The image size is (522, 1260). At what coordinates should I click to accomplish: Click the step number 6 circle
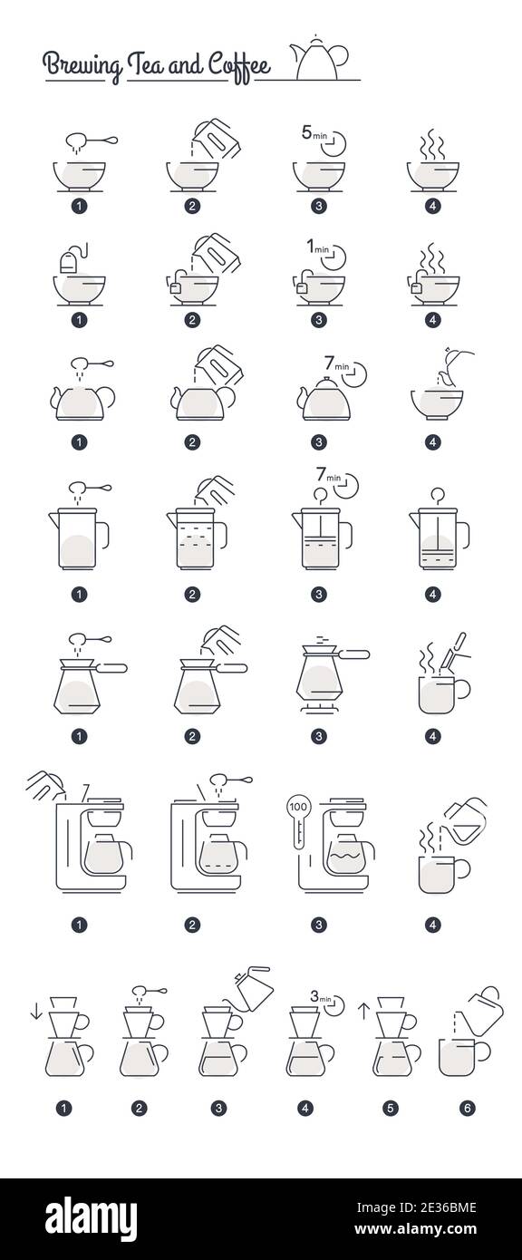468,1108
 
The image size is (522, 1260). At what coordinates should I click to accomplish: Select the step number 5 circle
391,1108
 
